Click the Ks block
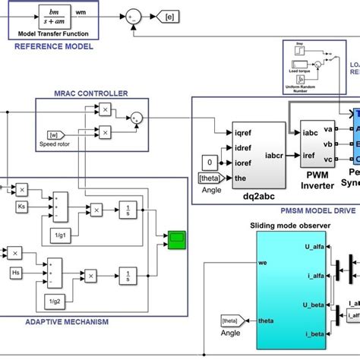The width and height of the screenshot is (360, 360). (24, 206)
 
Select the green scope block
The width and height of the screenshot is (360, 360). (176, 240)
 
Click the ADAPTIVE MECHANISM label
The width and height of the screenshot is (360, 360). (66, 322)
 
